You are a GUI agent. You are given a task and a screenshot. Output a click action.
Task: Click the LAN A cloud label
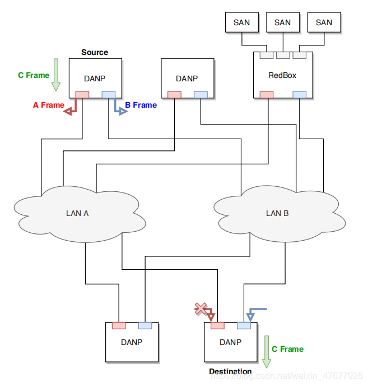77,213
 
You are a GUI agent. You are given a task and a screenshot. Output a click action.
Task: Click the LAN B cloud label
277,213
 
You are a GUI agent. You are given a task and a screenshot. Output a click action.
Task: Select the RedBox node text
282,75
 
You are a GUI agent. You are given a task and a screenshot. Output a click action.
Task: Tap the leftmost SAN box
241,22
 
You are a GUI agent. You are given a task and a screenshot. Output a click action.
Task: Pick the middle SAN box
282,22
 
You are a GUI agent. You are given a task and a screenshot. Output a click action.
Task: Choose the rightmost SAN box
324,22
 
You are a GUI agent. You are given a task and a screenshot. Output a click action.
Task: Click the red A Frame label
48,105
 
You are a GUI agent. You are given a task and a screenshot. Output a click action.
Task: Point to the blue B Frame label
141,105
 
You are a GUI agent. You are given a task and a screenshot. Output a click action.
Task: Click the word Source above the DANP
95,52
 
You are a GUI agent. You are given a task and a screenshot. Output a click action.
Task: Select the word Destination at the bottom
230,371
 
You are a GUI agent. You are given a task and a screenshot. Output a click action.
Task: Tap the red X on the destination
200,307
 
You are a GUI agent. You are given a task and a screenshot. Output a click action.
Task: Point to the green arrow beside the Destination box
267,348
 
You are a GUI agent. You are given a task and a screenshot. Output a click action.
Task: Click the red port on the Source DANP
82,94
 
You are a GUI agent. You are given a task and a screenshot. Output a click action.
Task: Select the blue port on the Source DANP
108,94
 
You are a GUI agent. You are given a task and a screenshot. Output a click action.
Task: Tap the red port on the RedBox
267,94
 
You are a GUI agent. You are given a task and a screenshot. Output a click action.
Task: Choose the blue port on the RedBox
300,94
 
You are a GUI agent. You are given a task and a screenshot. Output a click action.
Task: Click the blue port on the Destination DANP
244,325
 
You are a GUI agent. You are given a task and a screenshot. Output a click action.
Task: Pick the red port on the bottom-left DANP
119,325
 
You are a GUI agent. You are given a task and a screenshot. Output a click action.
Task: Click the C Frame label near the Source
34,75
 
